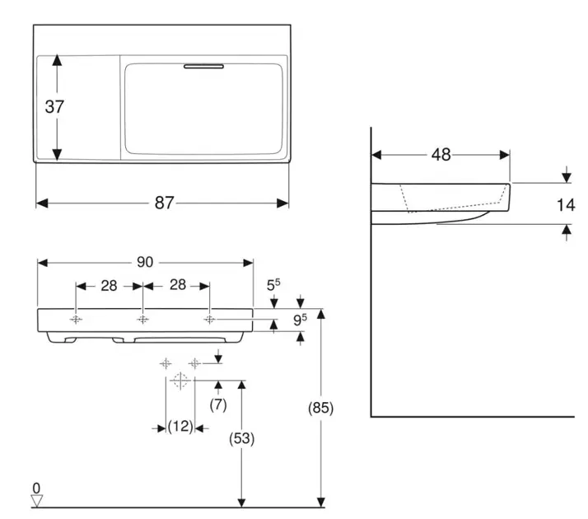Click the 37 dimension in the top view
pos(55,106)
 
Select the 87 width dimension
pos(164,203)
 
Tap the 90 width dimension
pos(145,262)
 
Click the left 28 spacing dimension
pos(109,285)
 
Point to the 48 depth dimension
pos(441,154)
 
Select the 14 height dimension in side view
pos(565,204)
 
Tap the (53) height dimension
pos(240,439)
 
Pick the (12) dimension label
pos(180,428)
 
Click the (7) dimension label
pos(218,404)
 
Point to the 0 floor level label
pos(36,488)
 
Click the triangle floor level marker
pos(36,500)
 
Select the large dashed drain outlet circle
pos(180,381)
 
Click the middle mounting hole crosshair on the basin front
pos(142,320)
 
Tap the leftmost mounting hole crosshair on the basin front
pos(76,320)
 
